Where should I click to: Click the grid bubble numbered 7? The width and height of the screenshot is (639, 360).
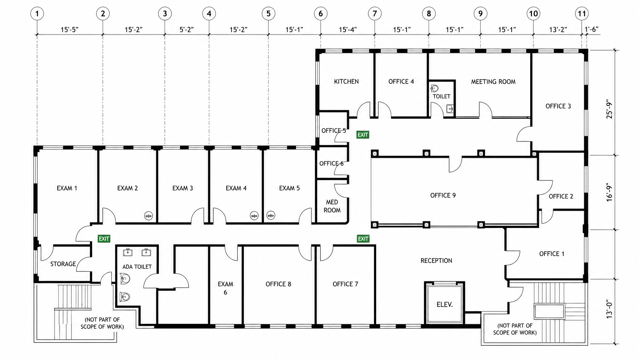pyautogui.click(x=375, y=14)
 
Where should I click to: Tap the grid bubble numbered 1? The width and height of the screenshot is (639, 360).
pyautogui.click(x=37, y=14)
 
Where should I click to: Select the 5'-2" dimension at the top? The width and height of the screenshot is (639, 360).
pyautogui.click(x=187, y=29)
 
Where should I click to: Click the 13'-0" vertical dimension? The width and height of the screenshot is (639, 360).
pyautogui.click(x=609, y=309)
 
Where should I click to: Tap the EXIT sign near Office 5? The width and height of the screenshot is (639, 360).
pyautogui.click(x=363, y=135)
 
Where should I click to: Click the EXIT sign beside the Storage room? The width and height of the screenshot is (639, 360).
pyautogui.click(x=104, y=239)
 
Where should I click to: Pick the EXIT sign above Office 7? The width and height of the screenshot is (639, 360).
pyautogui.click(x=363, y=239)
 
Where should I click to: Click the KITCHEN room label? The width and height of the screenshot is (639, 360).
pyautogui.click(x=346, y=81)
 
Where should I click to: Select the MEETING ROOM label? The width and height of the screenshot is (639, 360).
pyautogui.click(x=493, y=82)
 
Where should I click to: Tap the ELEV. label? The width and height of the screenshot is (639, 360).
pyautogui.click(x=445, y=305)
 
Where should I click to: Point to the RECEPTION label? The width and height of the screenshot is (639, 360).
pyautogui.click(x=436, y=260)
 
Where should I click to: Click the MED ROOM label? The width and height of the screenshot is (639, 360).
pyautogui.click(x=332, y=206)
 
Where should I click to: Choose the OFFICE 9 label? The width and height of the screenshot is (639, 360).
pyautogui.click(x=443, y=195)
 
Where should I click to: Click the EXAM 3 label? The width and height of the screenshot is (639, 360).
pyautogui.click(x=183, y=188)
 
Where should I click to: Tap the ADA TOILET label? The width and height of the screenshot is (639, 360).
pyautogui.click(x=137, y=267)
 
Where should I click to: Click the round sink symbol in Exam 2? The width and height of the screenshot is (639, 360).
pyautogui.click(x=148, y=216)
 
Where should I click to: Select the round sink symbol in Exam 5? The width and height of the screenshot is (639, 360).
pyautogui.click(x=271, y=215)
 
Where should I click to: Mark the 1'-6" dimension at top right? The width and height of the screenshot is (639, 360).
pyautogui.click(x=591, y=29)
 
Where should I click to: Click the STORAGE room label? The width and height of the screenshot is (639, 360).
pyautogui.click(x=63, y=264)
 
